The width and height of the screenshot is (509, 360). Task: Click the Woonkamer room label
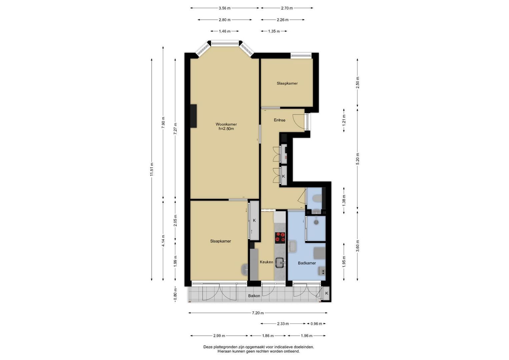(226, 124)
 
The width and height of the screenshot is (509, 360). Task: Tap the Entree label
(279, 120)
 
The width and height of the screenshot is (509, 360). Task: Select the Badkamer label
(307, 263)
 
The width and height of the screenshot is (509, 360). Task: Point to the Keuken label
(267, 262)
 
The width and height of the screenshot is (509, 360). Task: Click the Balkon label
(254, 296)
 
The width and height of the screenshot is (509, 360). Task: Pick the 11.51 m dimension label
(152, 169)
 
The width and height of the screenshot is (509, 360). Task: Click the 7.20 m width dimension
(258, 313)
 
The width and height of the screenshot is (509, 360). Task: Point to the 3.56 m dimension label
(225, 8)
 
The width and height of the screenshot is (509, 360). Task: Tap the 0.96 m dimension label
(316, 324)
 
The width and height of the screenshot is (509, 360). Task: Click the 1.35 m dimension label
(274, 31)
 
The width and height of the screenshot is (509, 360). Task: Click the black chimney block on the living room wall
(193, 116)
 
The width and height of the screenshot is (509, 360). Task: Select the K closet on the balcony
(327, 293)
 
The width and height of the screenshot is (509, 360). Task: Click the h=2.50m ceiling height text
(226, 129)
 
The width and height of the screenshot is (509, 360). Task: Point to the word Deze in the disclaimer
(208, 347)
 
